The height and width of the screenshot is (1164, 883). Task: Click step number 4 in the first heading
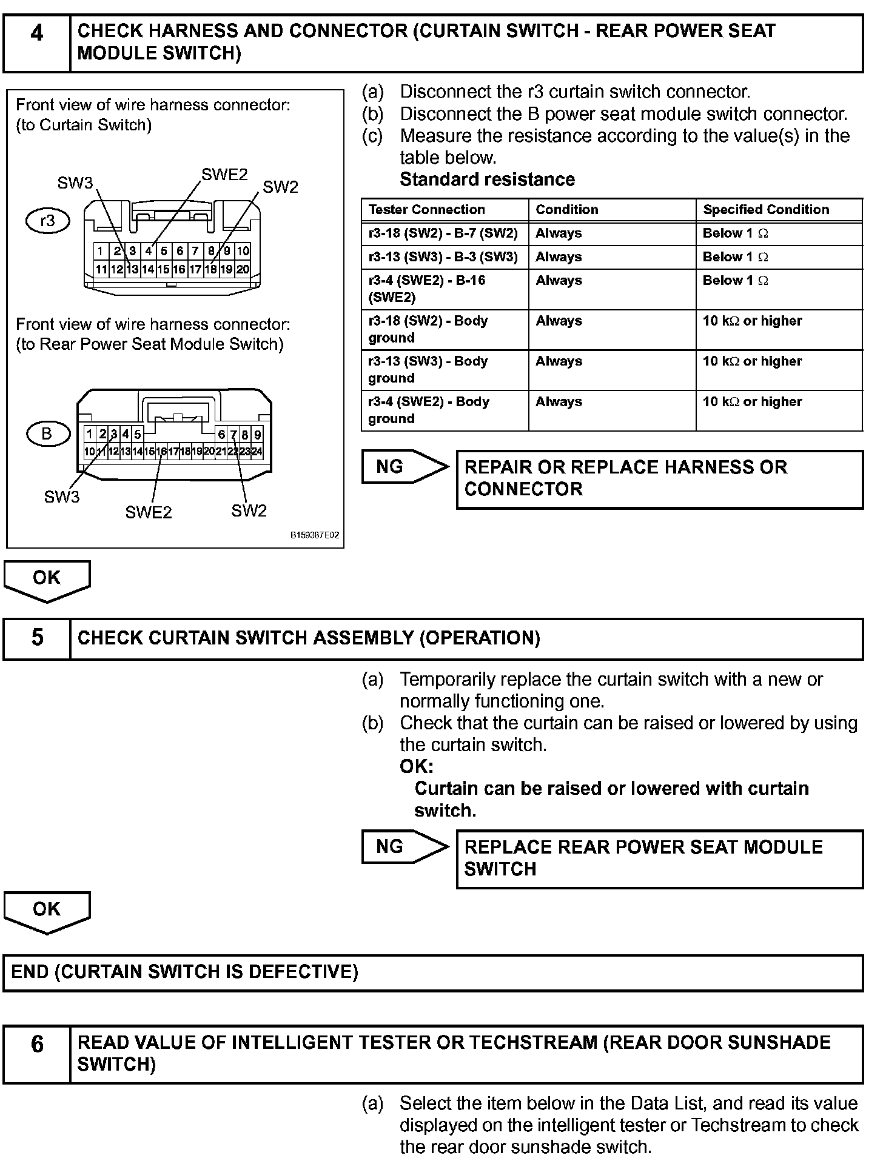37,33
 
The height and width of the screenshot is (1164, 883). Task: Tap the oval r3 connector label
47,221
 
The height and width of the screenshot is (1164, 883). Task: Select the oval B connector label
47,433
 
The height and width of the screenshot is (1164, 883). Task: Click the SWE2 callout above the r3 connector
224,175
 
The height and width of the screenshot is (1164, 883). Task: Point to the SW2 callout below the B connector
249,510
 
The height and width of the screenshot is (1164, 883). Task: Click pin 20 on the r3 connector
243,269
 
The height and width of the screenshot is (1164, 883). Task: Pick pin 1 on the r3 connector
100,251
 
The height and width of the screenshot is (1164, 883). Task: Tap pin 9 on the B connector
257,434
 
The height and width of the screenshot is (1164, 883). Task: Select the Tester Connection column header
427,210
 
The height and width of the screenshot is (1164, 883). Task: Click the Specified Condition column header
766,210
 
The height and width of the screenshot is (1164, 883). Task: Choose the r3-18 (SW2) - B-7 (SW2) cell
443,233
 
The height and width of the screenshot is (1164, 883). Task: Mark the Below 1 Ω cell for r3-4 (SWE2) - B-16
735,281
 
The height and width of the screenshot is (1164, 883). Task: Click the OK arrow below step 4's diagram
47,580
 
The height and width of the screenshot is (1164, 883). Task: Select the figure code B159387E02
314,536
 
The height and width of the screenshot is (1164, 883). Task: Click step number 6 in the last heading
37,1044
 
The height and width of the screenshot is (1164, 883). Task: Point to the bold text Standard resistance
487,179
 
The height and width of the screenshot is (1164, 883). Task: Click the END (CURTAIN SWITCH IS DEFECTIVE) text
185,972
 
